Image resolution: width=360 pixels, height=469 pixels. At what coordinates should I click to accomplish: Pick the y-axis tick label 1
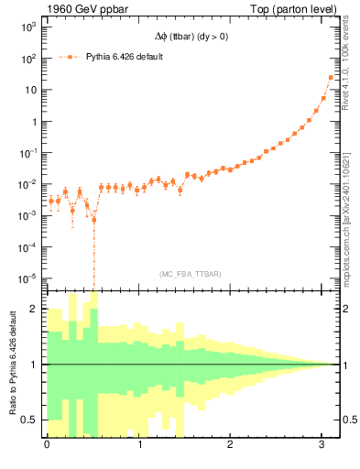(32, 122)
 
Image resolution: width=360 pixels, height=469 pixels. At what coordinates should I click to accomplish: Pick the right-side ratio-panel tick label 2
(346, 310)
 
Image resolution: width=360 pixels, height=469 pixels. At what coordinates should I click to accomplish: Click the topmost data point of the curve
(331, 78)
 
